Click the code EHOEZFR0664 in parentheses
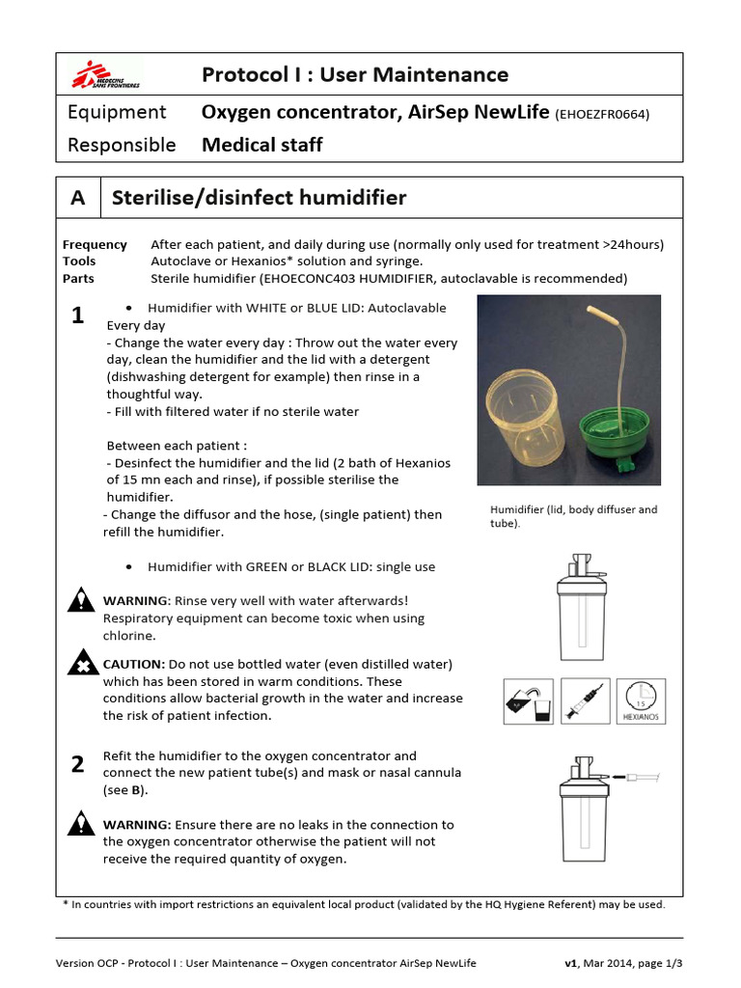point(602,114)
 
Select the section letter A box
point(78,198)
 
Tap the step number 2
point(78,765)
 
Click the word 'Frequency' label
point(95,244)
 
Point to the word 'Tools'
point(79,261)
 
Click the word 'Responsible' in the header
point(122,145)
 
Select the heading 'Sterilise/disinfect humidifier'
point(260,198)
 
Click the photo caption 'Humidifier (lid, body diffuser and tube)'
point(573,516)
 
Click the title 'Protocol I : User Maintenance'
point(355,74)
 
